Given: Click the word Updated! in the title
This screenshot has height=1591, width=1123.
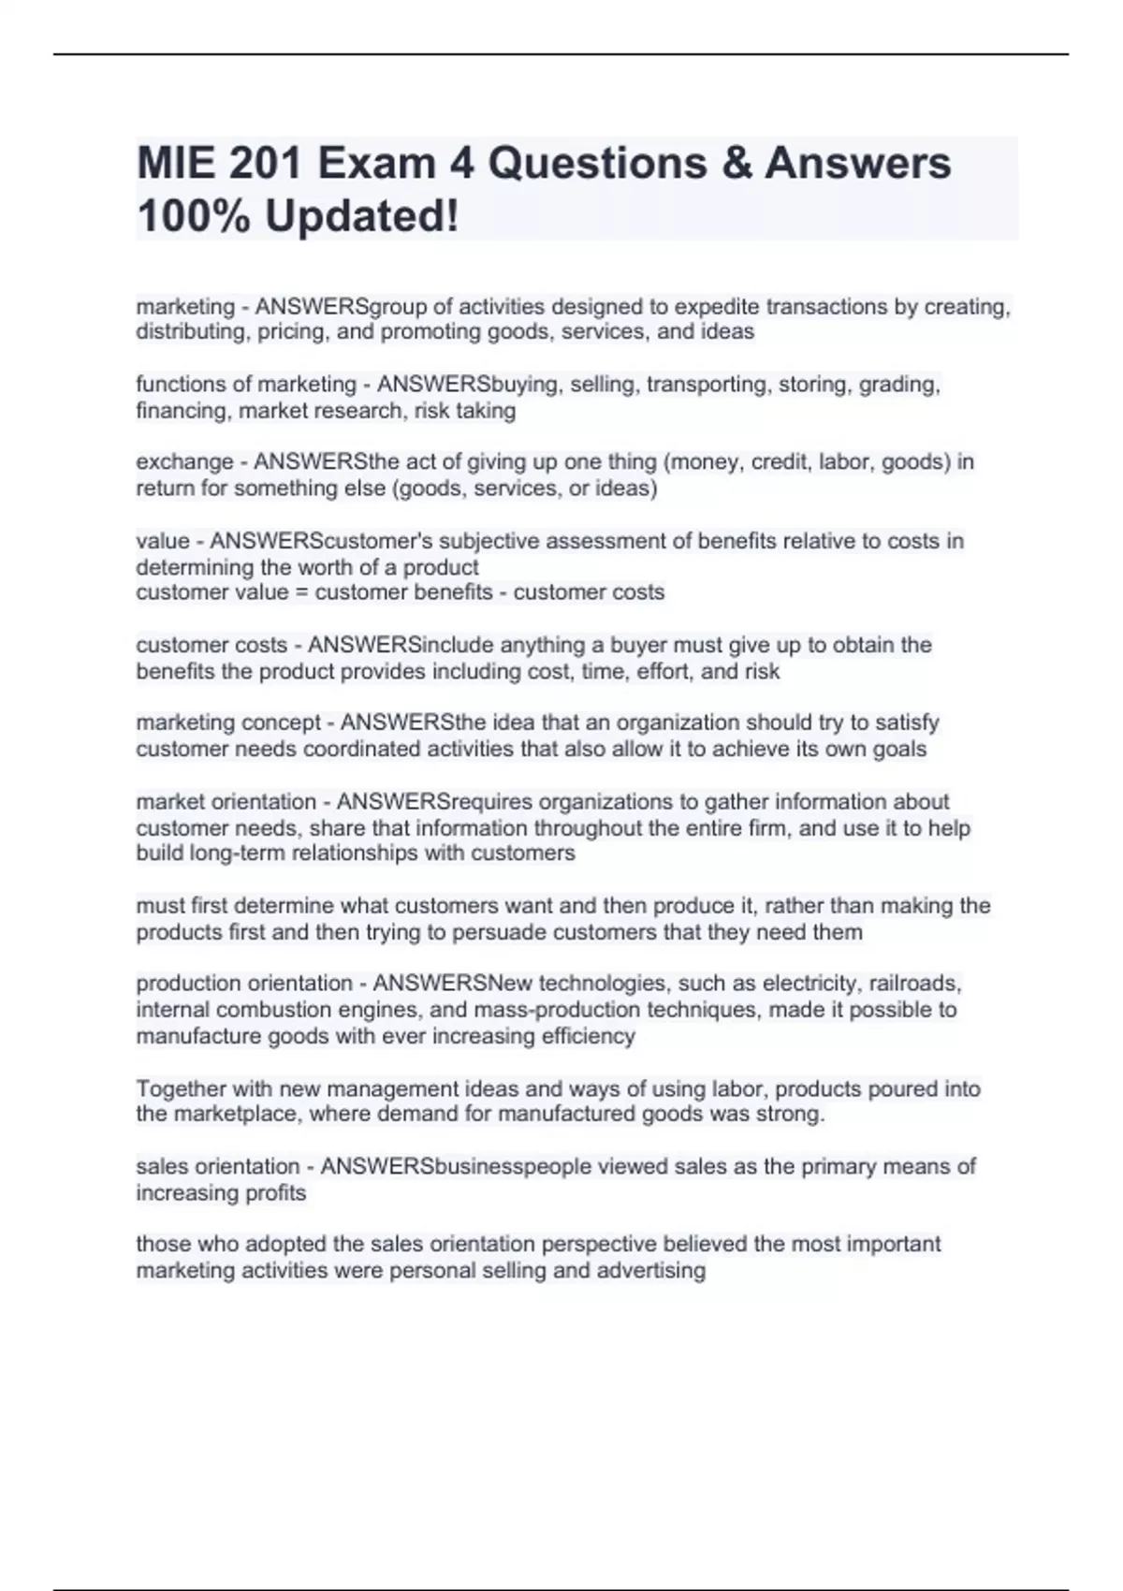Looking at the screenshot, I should (x=362, y=216).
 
